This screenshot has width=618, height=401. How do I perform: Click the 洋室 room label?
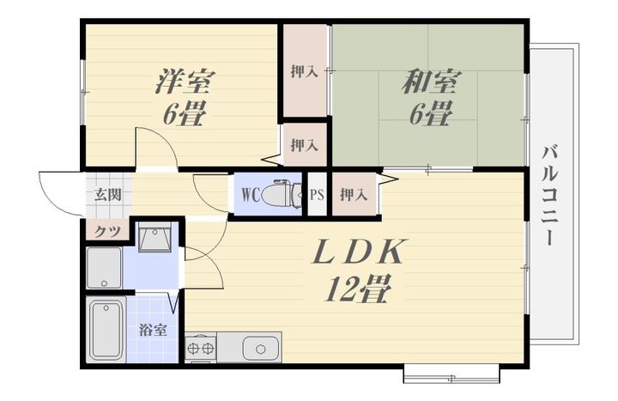pyautogui.click(x=184, y=82)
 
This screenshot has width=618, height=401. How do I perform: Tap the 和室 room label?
pyautogui.click(x=430, y=82)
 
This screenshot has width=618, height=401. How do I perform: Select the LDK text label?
pyautogui.click(x=358, y=252)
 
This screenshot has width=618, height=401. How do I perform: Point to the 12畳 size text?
pyautogui.click(x=357, y=289)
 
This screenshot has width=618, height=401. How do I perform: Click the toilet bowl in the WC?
pyautogui.click(x=282, y=193)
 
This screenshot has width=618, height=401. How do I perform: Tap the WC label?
pyautogui.click(x=251, y=195)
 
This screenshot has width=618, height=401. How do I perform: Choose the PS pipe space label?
pyautogui.click(x=318, y=195)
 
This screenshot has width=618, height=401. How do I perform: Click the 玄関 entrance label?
pyautogui.click(x=107, y=195)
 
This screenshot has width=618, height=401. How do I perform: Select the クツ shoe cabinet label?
pyautogui.click(x=107, y=232)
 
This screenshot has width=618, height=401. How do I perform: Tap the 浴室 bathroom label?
pyautogui.click(x=154, y=330)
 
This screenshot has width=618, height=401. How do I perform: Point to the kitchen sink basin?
pyautogui.click(x=260, y=349)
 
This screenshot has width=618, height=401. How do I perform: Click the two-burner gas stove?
pyautogui.click(x=201, y=348)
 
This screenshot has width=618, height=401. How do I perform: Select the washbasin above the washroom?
pyautogui.click(x=154, y=237)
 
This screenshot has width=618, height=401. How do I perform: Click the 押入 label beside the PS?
pyautogui.click(x=354, y=195)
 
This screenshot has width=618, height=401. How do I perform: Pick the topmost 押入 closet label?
pyautogui.click(x=304, y=71)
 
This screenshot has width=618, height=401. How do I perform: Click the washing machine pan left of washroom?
pyautogui.click(x=104, y=268)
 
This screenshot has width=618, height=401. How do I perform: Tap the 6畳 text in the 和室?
pyautogui.click(x=430, y=113)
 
